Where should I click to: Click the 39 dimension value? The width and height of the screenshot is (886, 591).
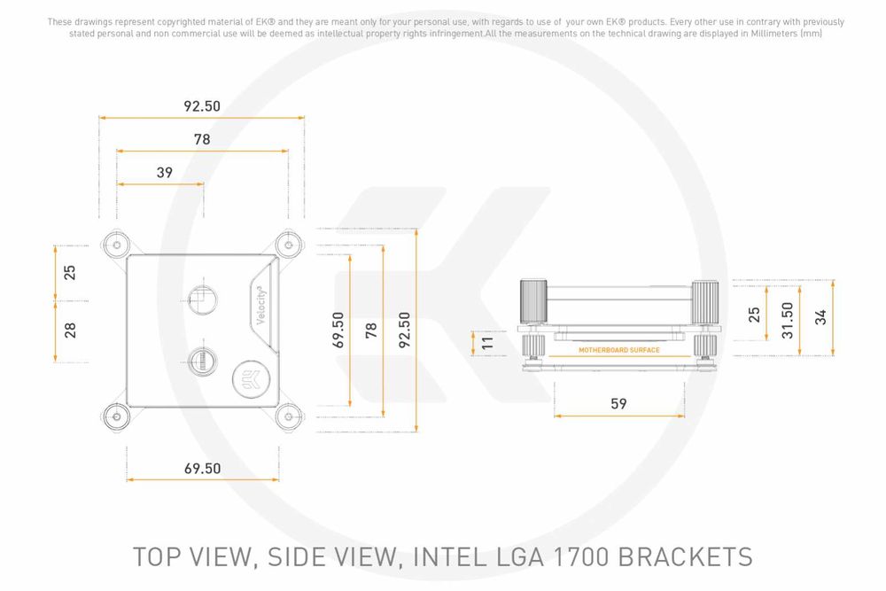164,173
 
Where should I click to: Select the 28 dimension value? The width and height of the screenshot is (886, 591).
70,330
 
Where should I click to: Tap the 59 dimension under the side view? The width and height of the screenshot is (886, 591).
618,403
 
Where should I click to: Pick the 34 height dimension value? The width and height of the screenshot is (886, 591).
820,315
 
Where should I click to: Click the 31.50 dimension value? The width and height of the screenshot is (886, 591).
787,315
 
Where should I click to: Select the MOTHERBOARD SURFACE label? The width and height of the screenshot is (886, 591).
619,350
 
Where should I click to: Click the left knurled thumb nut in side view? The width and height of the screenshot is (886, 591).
532,301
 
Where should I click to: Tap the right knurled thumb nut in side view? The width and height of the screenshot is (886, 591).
705,301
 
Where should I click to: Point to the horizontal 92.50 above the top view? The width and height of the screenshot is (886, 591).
201,106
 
